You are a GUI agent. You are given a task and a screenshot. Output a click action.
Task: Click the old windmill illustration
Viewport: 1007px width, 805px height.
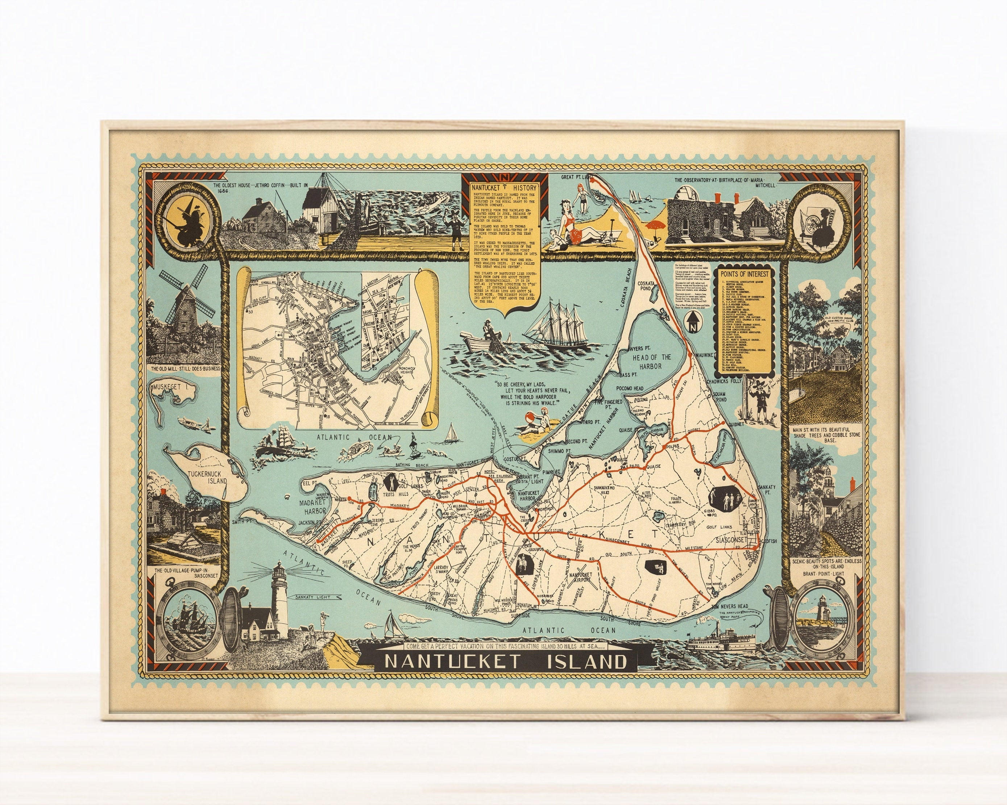coord(180,308)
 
